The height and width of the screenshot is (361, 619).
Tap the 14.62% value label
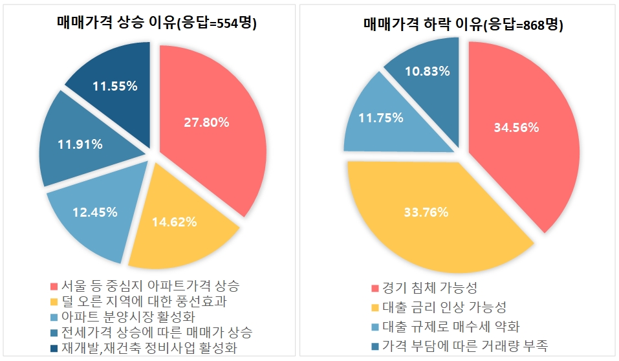[175, 223]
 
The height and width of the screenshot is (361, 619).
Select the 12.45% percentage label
[94, 212]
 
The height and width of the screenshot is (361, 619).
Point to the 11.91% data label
[80, 144]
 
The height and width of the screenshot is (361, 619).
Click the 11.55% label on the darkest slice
[114, 86]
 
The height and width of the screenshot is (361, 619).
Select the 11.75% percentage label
[381, 118]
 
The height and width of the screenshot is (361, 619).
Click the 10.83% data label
[426, 71]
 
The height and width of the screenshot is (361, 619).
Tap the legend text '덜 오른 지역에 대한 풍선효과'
[143, 301]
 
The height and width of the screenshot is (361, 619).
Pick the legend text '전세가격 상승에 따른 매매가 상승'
[157, 333]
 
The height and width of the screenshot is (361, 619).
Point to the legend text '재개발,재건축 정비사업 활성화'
[149, 348]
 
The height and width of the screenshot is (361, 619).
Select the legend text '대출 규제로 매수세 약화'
[451, 327]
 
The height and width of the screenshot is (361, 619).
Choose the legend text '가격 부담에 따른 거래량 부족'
[465, 346]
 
